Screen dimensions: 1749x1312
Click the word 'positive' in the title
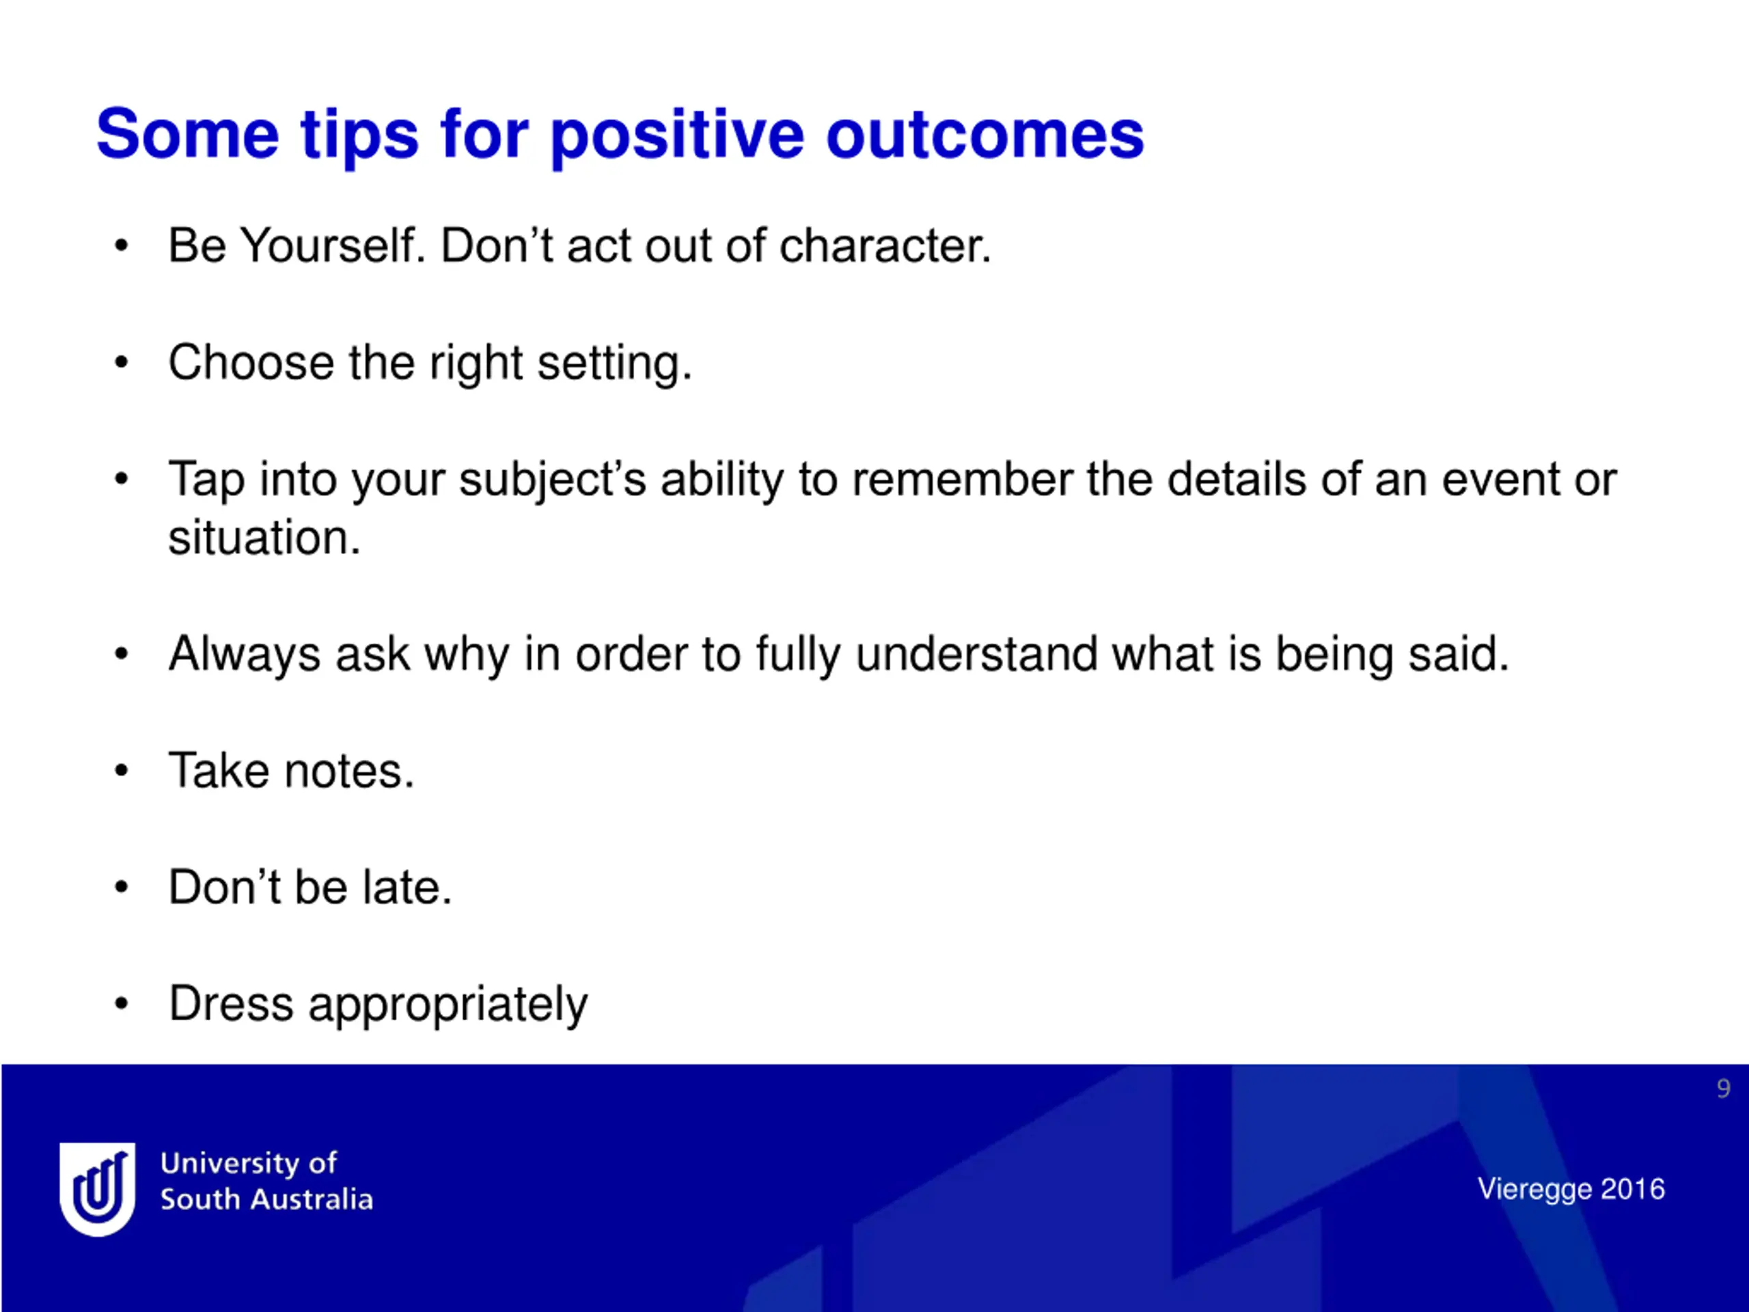677,136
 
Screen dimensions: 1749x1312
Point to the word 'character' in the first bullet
885,246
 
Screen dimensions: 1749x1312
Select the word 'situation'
264,538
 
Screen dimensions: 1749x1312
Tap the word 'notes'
348,771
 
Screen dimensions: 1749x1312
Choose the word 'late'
407,888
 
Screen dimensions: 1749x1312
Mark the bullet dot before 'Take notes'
121,770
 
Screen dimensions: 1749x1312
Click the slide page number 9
1724,1089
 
